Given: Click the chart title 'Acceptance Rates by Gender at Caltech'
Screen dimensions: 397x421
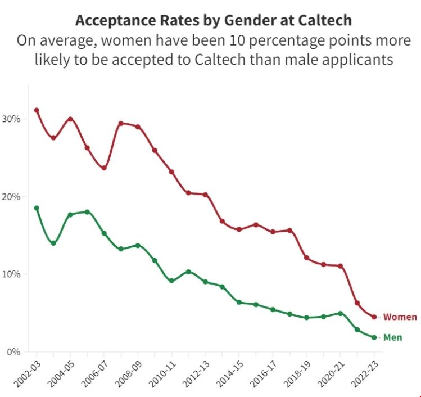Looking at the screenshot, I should point(214,21).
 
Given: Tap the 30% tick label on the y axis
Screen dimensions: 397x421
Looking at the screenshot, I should point(12,119).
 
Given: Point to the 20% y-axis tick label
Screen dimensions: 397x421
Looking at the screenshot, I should point(12,197).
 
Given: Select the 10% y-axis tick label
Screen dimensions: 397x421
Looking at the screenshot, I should point(12,274).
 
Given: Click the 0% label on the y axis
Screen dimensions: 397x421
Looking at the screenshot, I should point(14,352).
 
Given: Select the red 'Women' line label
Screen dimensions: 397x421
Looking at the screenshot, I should point(400,317).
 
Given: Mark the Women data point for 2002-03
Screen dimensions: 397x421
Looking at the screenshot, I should point(37,110).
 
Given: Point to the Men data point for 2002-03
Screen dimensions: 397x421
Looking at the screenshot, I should point(37,208).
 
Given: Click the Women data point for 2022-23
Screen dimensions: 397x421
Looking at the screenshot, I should point(374,317).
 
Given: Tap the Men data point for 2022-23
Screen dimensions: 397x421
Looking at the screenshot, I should point(374,337).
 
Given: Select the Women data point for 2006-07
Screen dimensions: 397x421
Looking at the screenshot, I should point(104,168).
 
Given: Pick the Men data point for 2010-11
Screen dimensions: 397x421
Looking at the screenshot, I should point(171,281).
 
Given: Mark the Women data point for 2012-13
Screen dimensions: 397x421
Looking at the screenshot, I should point(205,195).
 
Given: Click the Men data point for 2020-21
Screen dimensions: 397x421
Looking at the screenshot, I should point(340,313).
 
